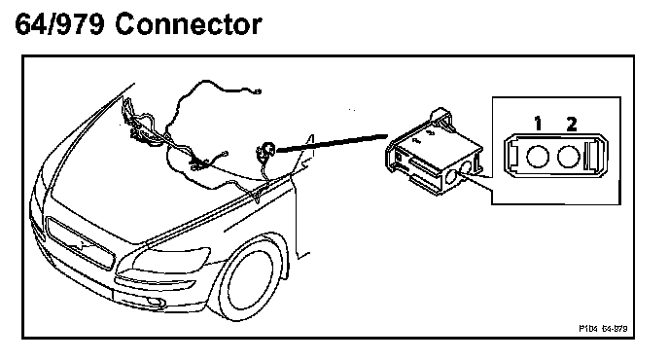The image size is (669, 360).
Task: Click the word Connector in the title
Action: pos(189,24)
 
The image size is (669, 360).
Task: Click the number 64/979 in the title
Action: pos(59,24)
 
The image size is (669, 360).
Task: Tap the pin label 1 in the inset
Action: pos(539,123)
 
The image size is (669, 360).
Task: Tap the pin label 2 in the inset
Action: pos(572,123)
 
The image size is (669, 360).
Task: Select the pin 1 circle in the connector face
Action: pos(537,157)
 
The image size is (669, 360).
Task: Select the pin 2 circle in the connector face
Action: pos(568,157)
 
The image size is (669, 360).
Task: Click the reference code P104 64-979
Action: pos(603,329)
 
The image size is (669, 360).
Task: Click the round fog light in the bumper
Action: pos(155,303)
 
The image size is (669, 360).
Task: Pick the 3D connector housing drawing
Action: pos(436,152)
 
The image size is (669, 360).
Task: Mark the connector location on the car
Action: pos(266,150)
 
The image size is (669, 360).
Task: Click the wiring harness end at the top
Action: pos(257,90)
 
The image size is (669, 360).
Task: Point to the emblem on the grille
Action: pos(78,244)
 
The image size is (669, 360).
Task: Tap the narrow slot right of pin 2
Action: pos(593,156)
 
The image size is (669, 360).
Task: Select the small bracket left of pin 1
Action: pos(513,156)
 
